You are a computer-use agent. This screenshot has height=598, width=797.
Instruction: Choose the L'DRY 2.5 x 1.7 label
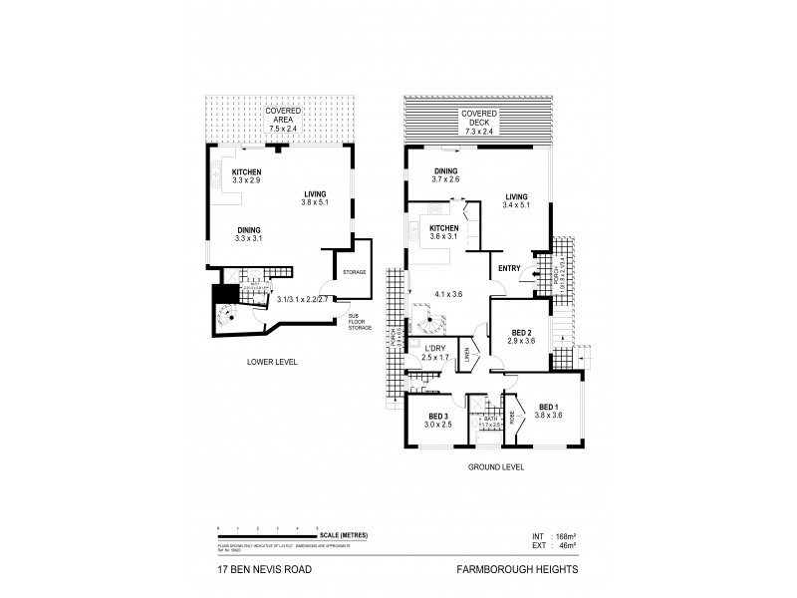coord(435,351)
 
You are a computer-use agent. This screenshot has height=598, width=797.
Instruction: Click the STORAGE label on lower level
coord(355,272)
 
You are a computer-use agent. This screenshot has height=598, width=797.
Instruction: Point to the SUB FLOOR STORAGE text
coord(360,319)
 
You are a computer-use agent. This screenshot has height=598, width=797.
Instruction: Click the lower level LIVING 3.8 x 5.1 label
coord(320,197)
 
